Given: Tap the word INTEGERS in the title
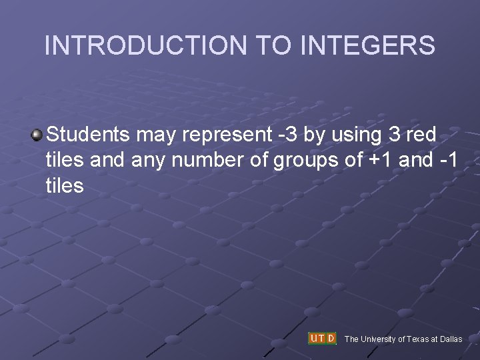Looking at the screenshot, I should coord(368,45).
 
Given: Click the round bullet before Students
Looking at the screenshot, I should coord(37,135).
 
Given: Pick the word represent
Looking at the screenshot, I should coord(226,136).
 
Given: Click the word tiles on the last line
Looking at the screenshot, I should coord(65,185).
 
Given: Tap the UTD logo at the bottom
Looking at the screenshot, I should coord(323,339).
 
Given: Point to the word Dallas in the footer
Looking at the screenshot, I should coord(451,339).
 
